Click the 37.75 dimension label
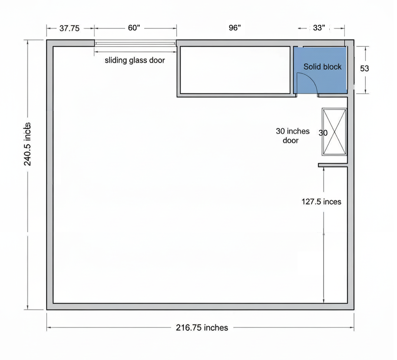tap(69, 28)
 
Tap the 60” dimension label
tap(134, 28)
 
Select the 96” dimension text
tap(235, 28)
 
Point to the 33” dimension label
tap(319, 28)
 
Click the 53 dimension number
tap(364, 68)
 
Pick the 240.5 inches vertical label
tap(27, 144)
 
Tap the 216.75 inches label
tap(202, 327)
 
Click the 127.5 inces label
tap(321, 202)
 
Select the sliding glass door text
tap(135, 60)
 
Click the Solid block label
tap(322, 67)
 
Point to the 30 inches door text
tap(292, 136)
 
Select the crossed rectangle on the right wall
tap(334, 132)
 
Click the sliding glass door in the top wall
tap(136, 43)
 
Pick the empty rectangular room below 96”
tap(235, 70)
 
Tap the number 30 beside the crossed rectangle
tap(323, 133)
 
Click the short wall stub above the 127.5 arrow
tap(333, 165)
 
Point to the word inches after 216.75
tap(216, 327)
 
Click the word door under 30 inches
tap(291, 140)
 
